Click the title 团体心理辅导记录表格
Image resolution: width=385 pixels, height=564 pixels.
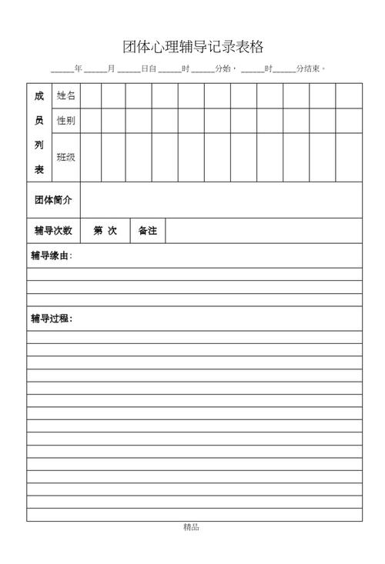coord(192,47)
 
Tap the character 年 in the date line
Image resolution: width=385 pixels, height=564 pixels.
coord(79,69)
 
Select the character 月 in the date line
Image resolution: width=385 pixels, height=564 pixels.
coord(112,69)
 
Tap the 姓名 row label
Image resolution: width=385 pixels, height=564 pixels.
coord(66,95)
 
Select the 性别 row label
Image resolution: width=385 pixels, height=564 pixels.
coord(66,121)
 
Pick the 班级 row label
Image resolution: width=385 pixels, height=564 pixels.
coord(66,157)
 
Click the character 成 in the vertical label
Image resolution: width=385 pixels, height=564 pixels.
coord(39,96)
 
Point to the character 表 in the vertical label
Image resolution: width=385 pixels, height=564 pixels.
coord(39,169)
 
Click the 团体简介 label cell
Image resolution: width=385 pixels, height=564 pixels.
coord(53,200)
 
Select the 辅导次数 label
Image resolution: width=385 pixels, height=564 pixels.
coord(53,230)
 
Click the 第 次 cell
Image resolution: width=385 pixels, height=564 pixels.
coord(105,230)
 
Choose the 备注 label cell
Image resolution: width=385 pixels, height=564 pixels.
coord(147,230)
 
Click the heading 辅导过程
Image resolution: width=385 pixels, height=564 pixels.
coord(52,319)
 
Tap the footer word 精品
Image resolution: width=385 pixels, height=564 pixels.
coord(192,528)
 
